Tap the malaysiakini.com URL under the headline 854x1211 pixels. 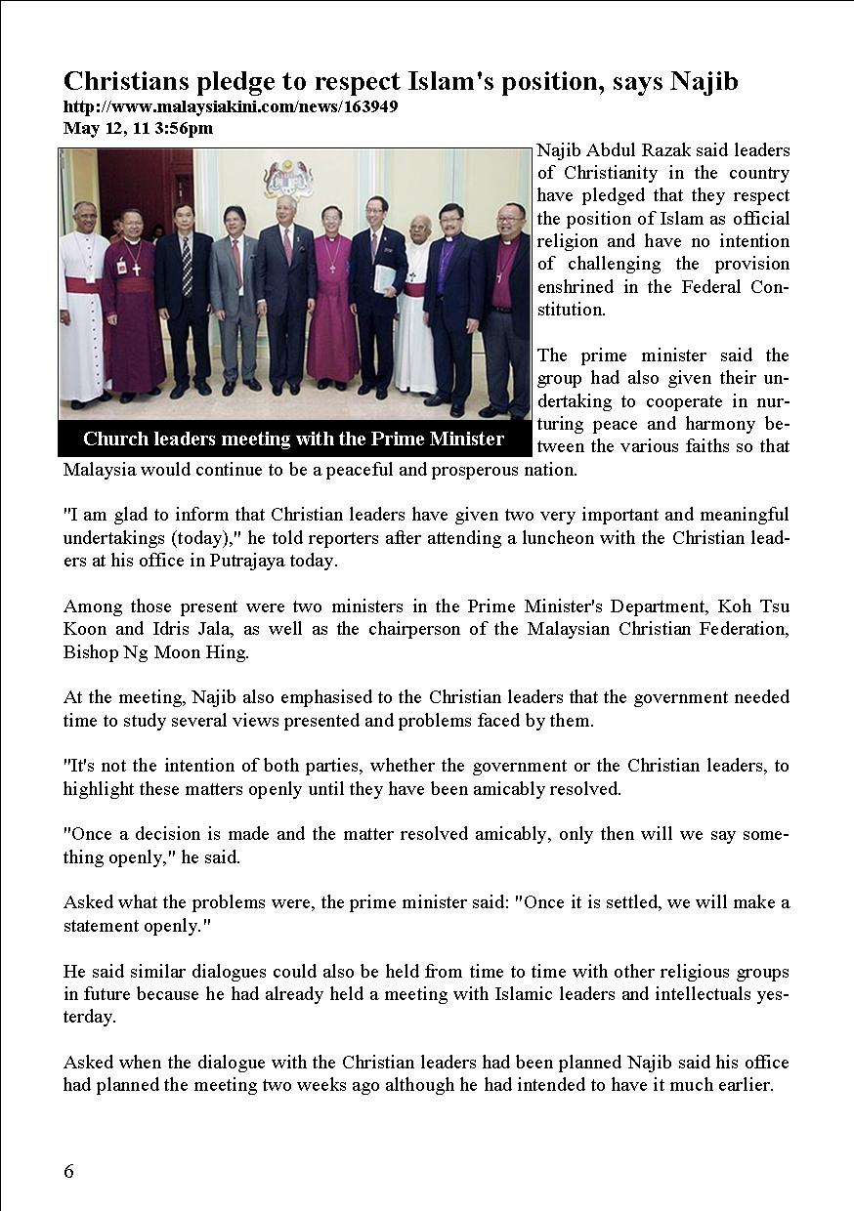click(231, 106)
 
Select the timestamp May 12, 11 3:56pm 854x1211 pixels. click(138, 127)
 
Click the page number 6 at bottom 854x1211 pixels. click(68, 1172)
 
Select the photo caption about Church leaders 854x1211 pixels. click(293, 438)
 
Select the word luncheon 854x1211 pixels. click(554, 538)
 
